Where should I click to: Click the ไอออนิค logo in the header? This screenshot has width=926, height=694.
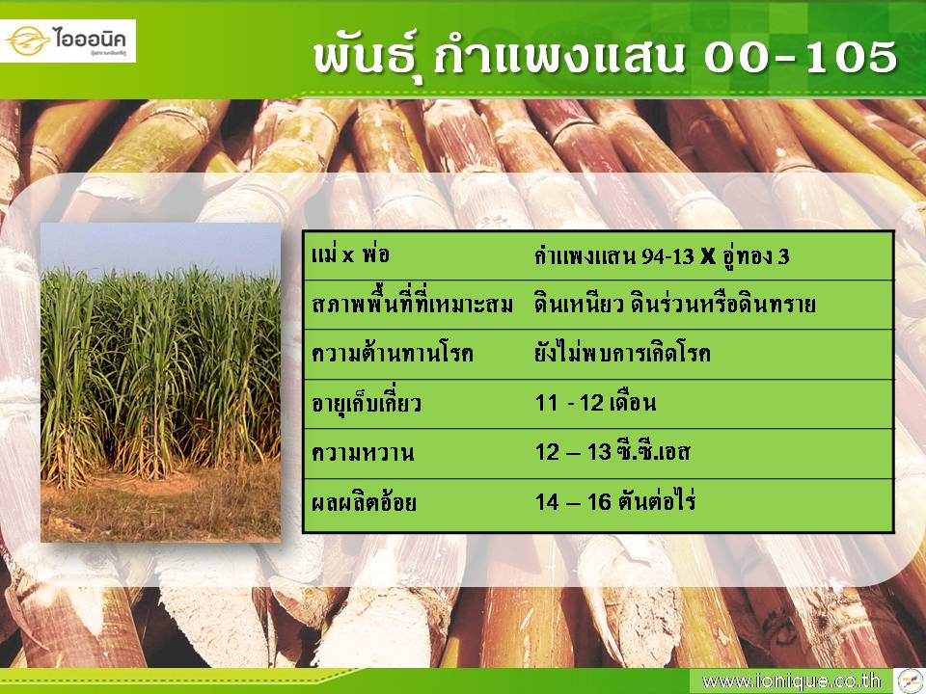[68, 40]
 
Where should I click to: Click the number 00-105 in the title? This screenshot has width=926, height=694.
[801, 58]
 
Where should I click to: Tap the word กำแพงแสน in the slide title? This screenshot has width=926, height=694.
[558, 58]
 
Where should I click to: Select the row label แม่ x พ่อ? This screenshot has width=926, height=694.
[350, 254]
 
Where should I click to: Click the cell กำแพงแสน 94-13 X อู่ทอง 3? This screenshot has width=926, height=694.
[662, 256]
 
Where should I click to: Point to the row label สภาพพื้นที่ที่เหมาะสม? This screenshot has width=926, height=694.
[412, 304]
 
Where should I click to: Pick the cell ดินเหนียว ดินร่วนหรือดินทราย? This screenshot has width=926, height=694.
[675, 304]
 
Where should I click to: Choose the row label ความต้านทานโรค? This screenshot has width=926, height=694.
[393, 354]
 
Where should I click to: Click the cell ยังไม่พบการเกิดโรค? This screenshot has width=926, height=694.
[622, 353]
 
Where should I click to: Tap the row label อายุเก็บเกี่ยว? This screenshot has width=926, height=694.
[367, 403]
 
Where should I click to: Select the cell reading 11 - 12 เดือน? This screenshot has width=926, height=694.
[595, 403]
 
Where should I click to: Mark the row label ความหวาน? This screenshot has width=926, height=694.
[363, 453]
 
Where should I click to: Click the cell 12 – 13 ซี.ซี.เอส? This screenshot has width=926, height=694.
[613, 451]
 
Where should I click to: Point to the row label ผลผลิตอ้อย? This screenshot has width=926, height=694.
[364, 502]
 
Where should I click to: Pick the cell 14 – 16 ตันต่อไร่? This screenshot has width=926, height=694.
[615, 501]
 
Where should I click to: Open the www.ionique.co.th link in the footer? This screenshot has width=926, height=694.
[790, 681]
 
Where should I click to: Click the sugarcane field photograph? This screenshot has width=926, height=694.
[161, 382]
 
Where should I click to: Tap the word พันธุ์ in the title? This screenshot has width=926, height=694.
[368, 59]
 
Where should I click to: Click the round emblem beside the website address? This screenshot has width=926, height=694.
[910, 681]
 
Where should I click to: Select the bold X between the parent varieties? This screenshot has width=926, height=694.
[708, 256]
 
